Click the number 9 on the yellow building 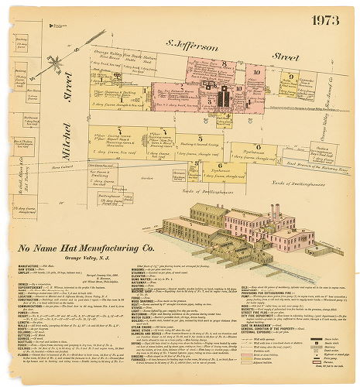(x=290, y=77)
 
